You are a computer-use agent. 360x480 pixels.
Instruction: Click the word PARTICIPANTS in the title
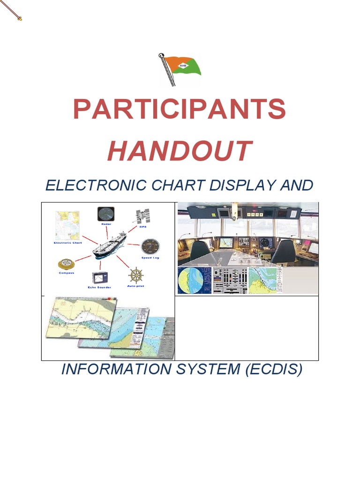pos(180,109)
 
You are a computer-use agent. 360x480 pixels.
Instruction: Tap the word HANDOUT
pos(180,151)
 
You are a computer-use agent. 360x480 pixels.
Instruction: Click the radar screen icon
pos(106,214)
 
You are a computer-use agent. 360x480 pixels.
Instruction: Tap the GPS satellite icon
pos(142,216)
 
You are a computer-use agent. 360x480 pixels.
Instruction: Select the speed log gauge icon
pos(150,247)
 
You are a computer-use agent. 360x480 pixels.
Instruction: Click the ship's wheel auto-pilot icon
pos(135,275)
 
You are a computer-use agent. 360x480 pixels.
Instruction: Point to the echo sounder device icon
pos(99,277)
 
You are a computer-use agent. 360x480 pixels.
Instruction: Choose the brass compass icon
pos(67,264)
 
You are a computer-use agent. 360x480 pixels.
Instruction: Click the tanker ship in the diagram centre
pos(109,245)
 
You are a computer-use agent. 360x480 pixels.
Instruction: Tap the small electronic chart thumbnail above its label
pos(67,225)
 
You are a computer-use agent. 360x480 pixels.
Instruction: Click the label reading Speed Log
pos(150,257)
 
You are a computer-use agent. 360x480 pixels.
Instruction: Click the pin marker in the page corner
pos(19,18)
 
